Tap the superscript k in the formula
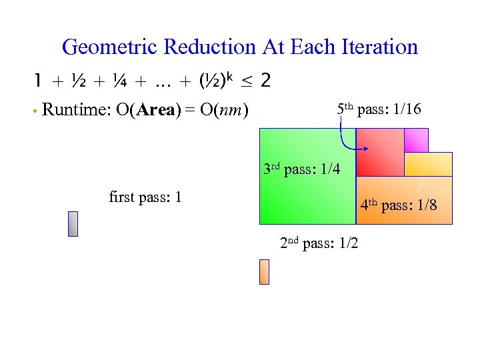[229, 77]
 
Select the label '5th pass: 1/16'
[379, 109]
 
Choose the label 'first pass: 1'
[145, 197]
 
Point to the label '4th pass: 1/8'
[399, 205]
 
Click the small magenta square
[416, 140]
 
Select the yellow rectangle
[428, 164]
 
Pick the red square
[379, 152]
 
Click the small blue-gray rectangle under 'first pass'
[73, 224]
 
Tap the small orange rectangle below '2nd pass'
[264, 272]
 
